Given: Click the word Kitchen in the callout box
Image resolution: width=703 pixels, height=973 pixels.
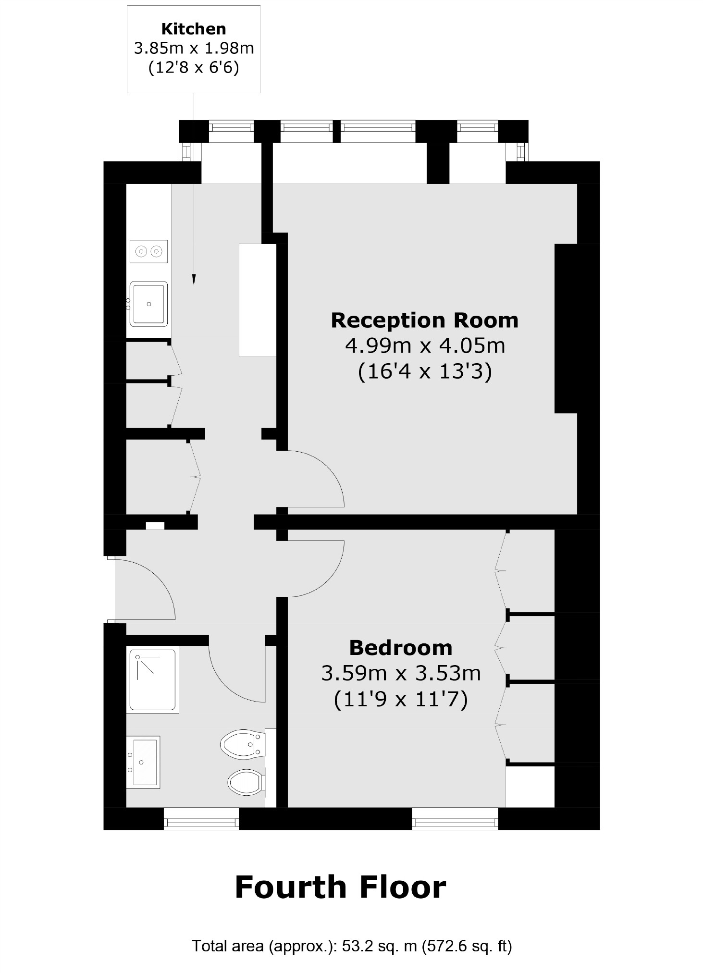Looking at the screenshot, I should coord(194,29).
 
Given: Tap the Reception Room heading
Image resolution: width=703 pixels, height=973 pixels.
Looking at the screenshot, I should coord(424,320).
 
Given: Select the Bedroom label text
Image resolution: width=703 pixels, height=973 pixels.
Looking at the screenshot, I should coord(400,648).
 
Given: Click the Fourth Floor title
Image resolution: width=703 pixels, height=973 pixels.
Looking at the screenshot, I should coord(340,887).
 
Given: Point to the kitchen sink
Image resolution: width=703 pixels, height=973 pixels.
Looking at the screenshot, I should coord(149,304).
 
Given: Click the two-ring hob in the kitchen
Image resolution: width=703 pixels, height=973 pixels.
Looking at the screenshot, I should coord(148,251).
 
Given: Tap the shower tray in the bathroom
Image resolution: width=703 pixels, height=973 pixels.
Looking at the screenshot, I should coord(152,679).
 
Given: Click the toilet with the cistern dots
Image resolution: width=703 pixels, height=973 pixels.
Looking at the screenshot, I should coord(242,745).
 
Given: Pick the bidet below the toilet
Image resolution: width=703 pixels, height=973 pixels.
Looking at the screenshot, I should coord(246,782).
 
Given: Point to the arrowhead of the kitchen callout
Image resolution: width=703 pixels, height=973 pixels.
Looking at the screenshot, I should coord(194,280).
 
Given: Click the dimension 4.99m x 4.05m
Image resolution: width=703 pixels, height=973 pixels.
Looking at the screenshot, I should coord(425,346).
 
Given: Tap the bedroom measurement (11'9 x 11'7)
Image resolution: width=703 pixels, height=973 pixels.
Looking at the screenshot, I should coord(400,700).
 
